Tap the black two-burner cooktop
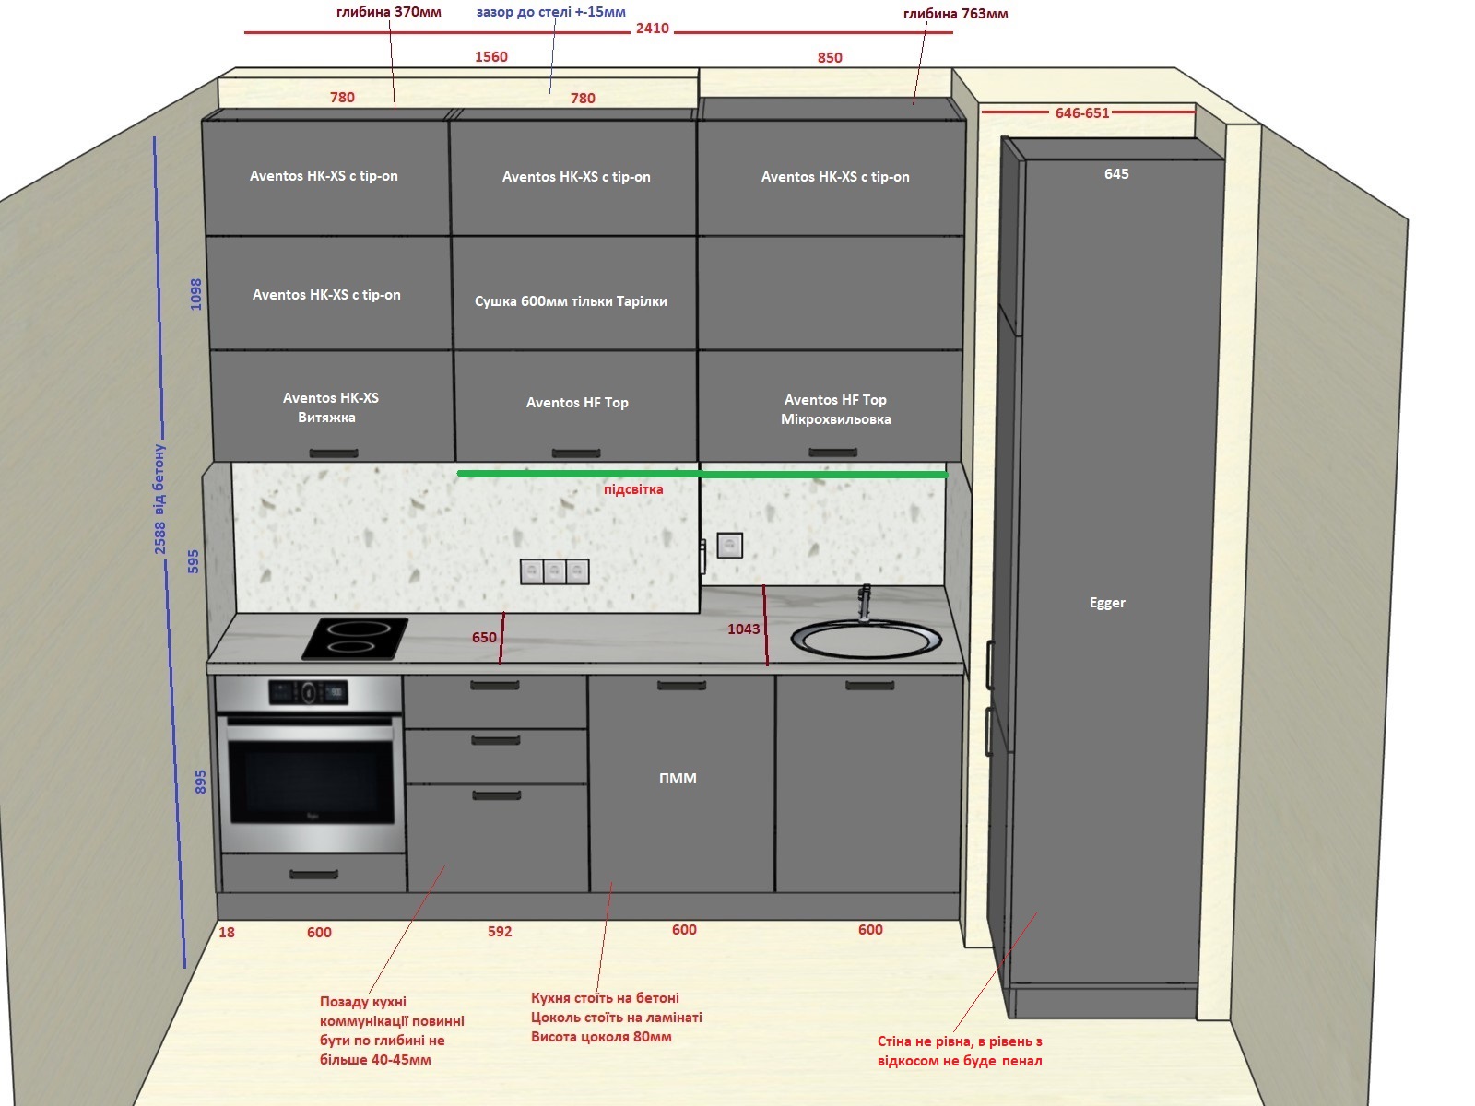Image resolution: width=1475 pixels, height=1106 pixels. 355,638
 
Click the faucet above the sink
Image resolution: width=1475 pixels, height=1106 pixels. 865,602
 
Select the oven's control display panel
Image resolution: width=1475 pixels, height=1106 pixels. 309,691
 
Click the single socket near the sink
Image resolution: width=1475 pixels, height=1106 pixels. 730,545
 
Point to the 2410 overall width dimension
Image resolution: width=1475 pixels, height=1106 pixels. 653,29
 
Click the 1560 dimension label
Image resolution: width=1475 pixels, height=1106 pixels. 491,57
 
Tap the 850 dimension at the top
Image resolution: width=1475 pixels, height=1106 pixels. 830,58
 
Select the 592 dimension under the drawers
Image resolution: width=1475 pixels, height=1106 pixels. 500,932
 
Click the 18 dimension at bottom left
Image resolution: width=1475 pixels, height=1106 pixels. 227,932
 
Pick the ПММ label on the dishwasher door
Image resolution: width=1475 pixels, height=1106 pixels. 678,778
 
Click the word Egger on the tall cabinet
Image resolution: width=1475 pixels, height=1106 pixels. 1107,603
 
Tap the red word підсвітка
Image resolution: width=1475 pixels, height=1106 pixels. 633,489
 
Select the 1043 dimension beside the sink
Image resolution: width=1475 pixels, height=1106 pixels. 744,629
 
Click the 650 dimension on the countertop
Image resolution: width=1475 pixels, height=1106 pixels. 484,637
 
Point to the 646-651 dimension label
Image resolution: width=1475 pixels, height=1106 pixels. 1082,112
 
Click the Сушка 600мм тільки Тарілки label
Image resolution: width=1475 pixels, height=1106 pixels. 571,301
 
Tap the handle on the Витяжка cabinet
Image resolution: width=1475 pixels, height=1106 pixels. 334,453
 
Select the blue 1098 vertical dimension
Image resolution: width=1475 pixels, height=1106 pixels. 195,294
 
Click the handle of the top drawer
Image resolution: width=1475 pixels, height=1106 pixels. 494,686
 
